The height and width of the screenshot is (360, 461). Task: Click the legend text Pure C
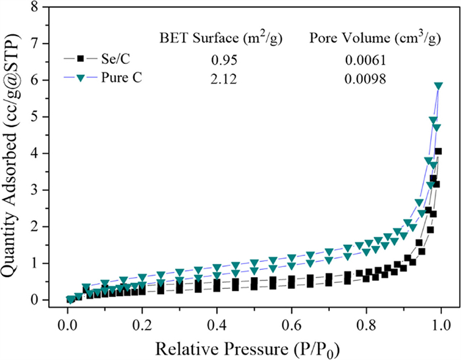(x=117, y=79)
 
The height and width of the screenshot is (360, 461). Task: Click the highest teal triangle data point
(x=438, y=86)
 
